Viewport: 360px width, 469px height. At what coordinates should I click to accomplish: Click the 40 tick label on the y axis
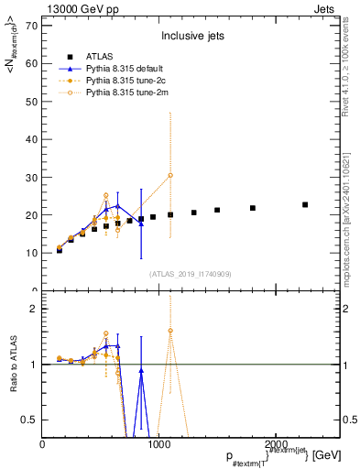pos(30,139)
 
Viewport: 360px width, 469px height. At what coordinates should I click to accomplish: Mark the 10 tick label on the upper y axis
pos(30,253)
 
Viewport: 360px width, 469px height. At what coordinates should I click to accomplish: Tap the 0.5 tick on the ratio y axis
pos(28,420)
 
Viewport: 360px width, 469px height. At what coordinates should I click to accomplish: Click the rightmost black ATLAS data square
pos(305,204)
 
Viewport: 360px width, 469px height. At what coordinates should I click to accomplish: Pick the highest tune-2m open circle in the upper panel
pos(170,175)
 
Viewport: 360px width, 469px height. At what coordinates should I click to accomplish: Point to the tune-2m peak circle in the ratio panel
pos(170,330)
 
